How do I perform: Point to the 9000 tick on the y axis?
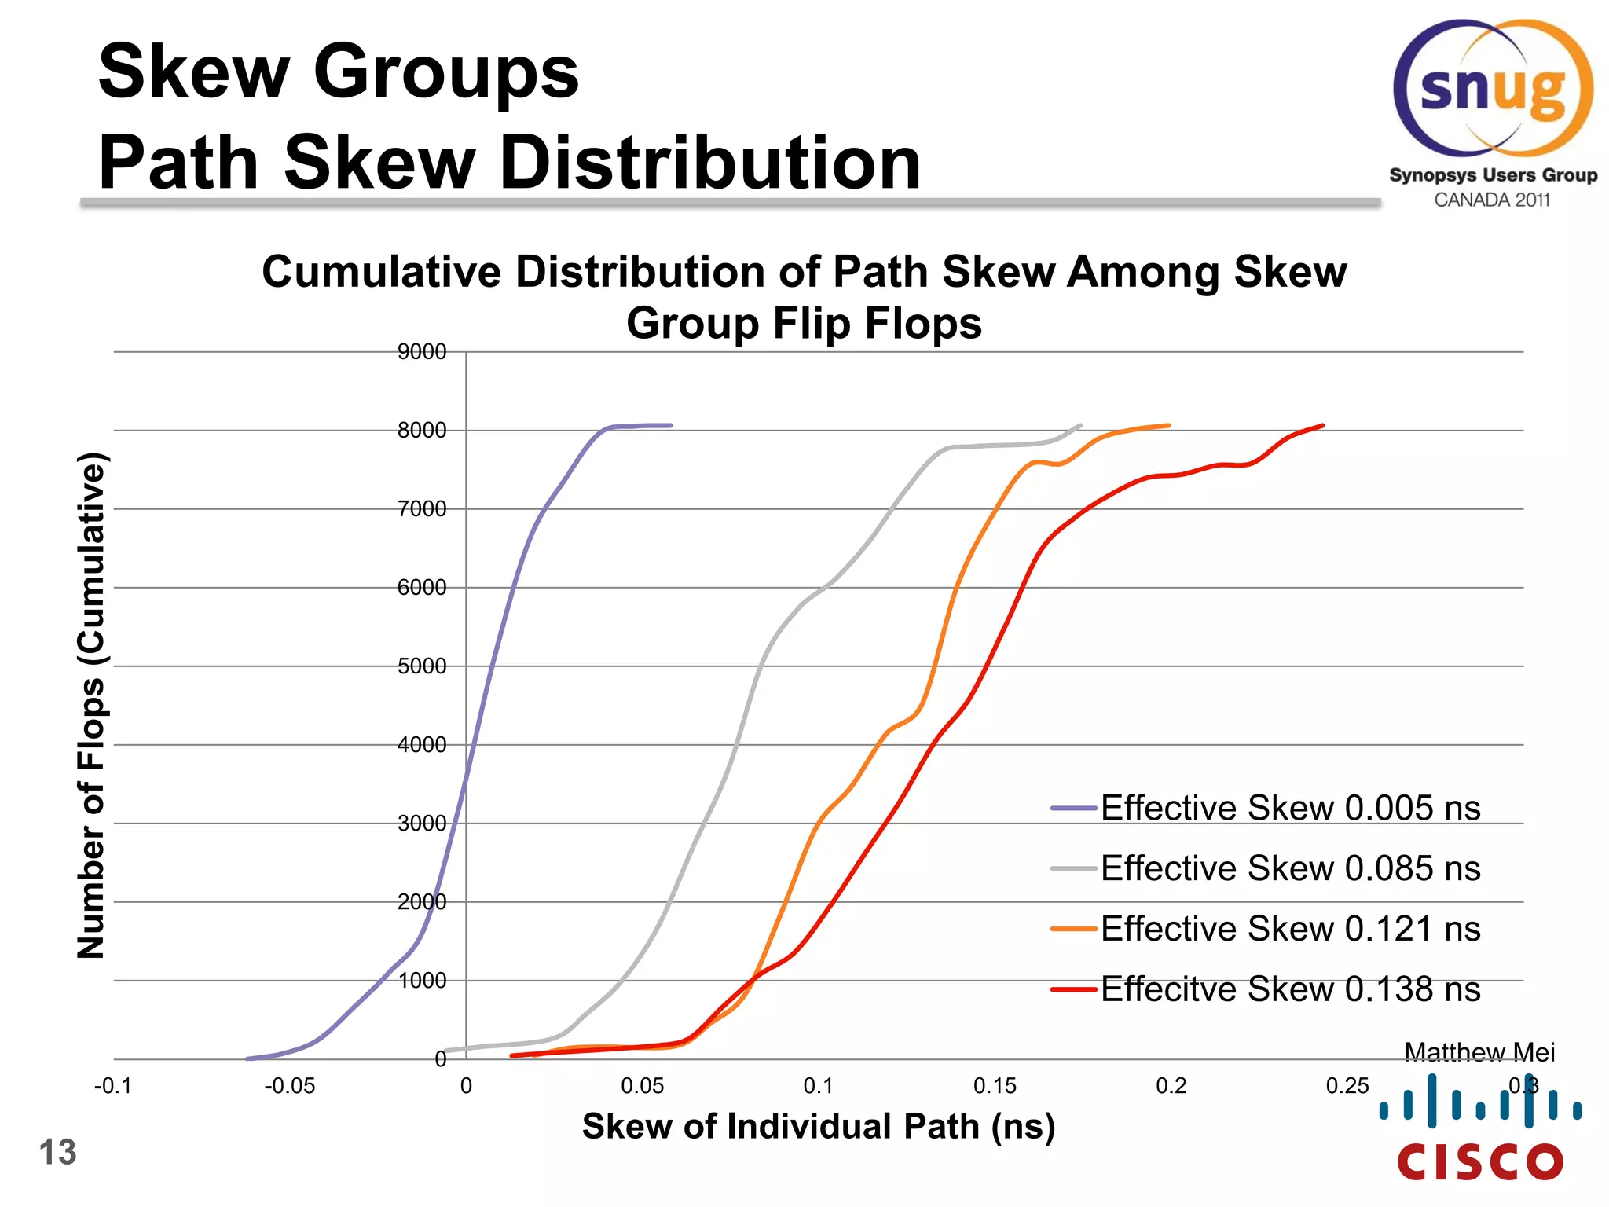coord(422,352)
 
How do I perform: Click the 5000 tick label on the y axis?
coord(422,666)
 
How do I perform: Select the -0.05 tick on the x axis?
coord(290,1086)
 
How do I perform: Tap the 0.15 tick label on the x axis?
coord(995,1086)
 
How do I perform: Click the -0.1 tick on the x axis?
coord(113,1086)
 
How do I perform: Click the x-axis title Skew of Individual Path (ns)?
coord(818,1126)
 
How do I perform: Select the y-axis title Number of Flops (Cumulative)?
coord(91,706)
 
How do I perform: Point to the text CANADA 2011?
coord(1491,200)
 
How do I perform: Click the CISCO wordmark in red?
coord(1480,1161)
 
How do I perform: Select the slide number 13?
coord(57,1152)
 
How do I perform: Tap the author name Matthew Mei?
coord(1479,1051)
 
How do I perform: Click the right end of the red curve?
coord(1323,426)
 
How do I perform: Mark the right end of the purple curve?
coord(670,425)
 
